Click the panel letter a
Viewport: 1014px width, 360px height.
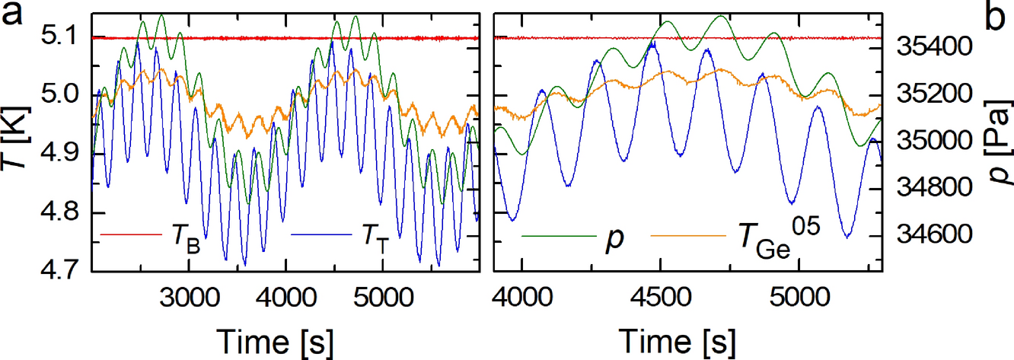pyautogui.click(x=15, y=16)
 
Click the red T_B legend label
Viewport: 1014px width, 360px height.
pyautogui.click(x=180, y=237)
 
